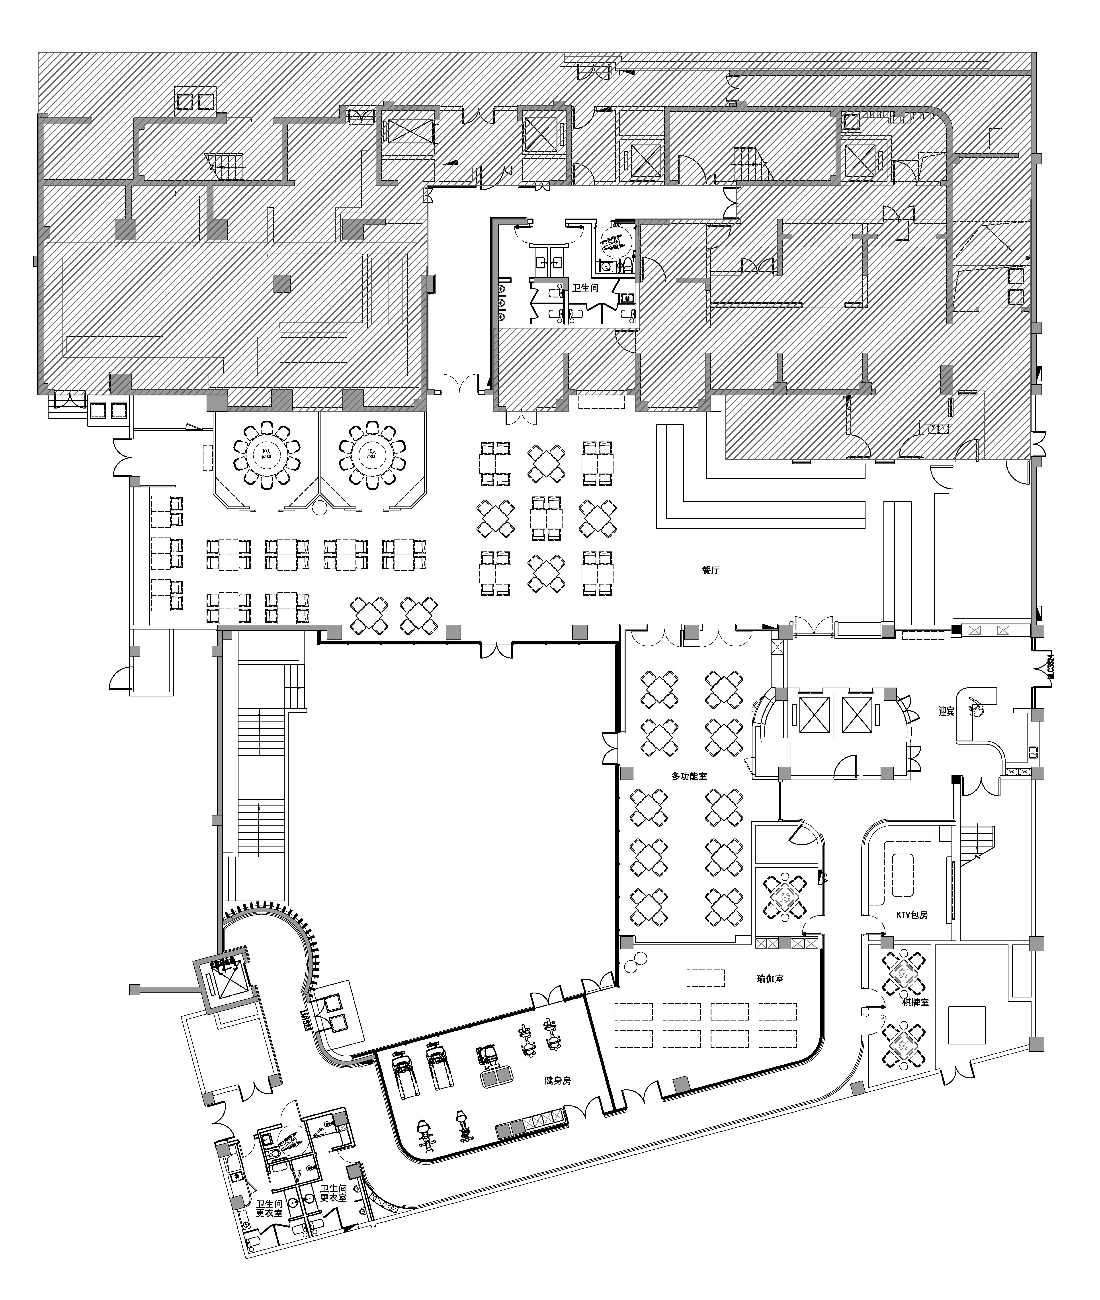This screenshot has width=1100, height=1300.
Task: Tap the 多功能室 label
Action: point(689,776)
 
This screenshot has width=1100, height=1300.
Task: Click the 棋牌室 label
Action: point(915,1002)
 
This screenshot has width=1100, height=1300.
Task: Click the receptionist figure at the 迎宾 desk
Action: point(975,708)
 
